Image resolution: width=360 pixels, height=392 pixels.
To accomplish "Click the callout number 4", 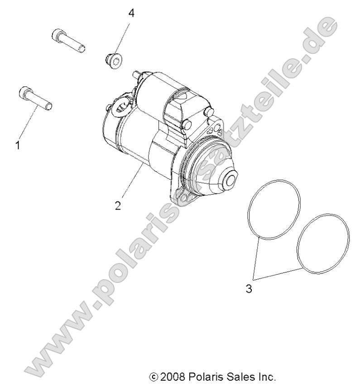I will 131,13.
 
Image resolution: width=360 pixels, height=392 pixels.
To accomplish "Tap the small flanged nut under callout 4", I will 110,59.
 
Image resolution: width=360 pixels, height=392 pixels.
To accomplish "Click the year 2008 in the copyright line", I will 173,377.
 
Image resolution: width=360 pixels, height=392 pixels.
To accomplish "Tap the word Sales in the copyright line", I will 238,377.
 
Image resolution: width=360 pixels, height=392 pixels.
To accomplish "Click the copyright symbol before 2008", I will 154,377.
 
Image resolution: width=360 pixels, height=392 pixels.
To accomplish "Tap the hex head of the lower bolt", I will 25,93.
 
